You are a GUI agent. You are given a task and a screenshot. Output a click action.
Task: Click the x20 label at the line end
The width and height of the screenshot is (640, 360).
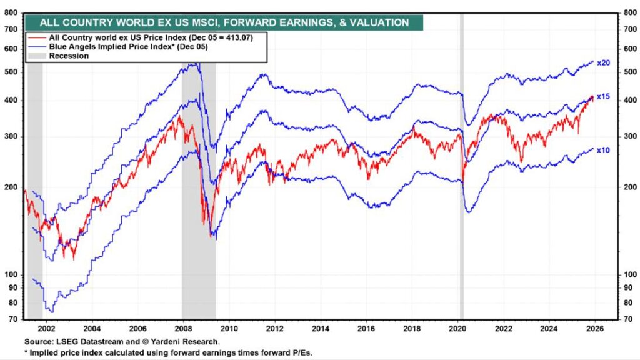pos(603,63)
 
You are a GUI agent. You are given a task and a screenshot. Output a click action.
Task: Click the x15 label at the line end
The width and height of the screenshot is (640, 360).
pos(603,97)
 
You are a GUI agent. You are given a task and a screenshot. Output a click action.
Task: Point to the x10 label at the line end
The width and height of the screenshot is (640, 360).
pos(603,151)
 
